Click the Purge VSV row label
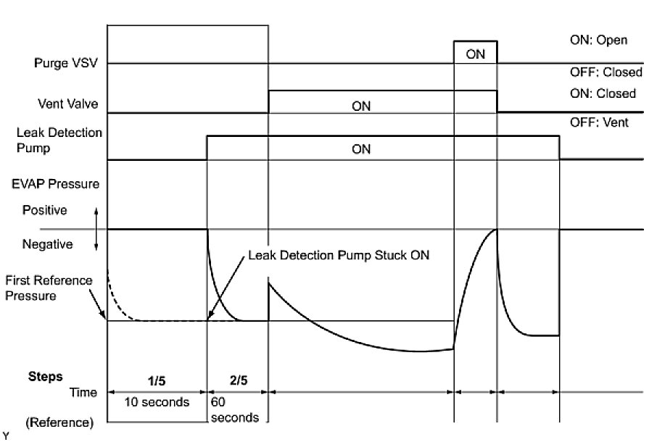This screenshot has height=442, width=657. tap(66, 64)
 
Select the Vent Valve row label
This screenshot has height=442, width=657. tap(70, 104)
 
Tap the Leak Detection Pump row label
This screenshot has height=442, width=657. tap(59, 140)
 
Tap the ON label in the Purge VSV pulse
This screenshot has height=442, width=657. tap(476, 54)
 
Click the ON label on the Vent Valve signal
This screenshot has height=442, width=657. tap(361, 106)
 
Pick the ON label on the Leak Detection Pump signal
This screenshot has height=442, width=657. tap(361, 149)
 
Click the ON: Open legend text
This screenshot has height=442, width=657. tap(598, 41)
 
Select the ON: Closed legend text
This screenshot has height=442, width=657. tap(603, 93)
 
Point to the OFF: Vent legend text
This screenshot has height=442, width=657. tap(599, 123)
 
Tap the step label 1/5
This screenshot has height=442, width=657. tap(157, 379)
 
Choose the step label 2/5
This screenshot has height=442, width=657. tap(238, 379)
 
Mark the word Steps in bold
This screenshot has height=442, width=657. tap(45, 377)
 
